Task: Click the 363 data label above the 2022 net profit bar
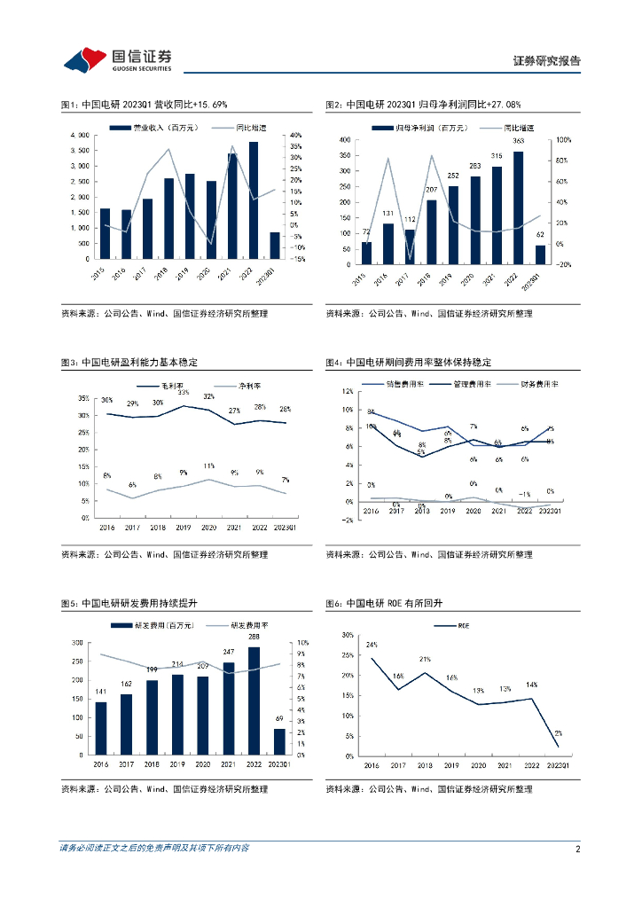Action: [x=518, y=141]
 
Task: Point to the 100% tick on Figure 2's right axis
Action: [x=564, y=140]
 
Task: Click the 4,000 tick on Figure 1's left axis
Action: [x=78, y=135]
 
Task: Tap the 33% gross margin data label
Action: [x=184, y=392]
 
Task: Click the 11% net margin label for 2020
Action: [x=209, y=466]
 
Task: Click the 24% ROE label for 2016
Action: [x=372, y=645]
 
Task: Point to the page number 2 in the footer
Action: [x=577, y=849]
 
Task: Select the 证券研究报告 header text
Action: [x=546, y=61]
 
